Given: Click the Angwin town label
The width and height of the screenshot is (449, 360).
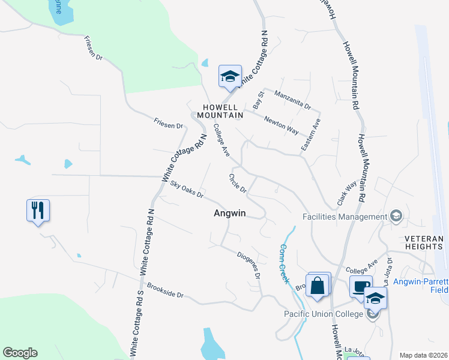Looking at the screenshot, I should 231,214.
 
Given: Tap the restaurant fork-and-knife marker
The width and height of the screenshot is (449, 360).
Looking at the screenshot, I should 38,211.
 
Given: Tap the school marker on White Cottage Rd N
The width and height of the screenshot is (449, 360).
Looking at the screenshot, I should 229,77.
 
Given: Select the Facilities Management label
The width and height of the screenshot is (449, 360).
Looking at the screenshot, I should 345,217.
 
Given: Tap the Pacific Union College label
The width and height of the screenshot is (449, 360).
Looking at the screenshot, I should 324,314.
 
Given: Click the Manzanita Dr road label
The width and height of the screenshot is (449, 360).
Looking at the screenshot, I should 292,100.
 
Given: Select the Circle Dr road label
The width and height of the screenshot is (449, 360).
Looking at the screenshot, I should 238,183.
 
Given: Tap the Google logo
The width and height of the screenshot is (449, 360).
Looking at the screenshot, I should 20,353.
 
